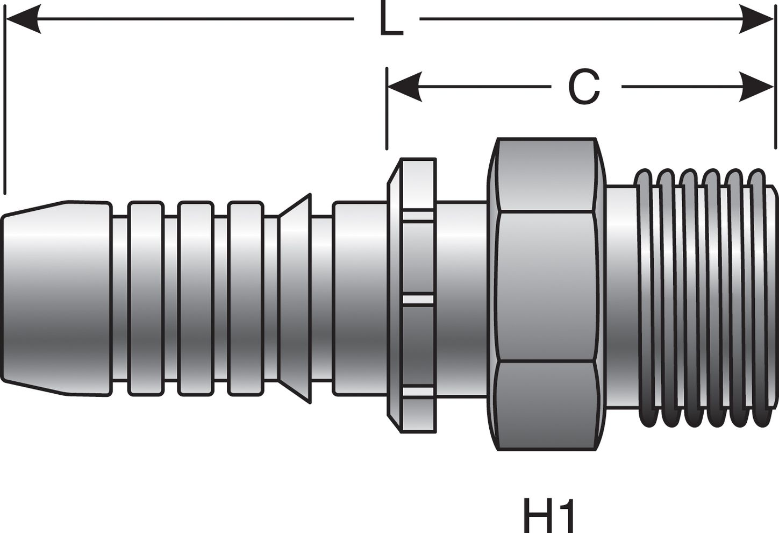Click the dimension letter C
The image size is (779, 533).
584,88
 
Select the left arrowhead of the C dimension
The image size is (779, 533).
404,87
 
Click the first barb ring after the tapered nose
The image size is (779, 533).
146,299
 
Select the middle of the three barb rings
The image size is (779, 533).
195,299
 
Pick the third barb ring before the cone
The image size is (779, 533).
245,299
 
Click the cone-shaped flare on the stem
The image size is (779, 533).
295,299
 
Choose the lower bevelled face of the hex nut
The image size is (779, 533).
546,406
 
